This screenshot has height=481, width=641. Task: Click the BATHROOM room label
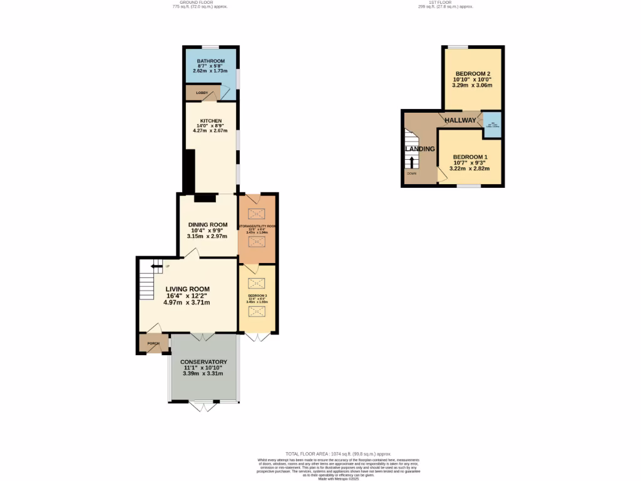pyautogui.click(x=211, y=61)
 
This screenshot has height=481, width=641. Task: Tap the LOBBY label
pyautogui.click(x=202, y=93)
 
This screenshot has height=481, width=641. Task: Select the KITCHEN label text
pyautogui.click(x=211, y=120)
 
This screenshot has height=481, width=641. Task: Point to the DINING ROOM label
pyautogui.click(x=208, y=224)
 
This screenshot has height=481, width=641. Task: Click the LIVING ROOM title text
pyautogui.click(x=188, y=289)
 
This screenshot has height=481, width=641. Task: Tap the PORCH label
pyautogui.click(x=153, y=344)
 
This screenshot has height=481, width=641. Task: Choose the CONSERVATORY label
pyautogui.click(x=203, y=362)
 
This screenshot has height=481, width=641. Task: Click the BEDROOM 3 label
pyautogui.click(x=257, y=295)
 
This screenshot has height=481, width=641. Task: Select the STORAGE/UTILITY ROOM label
pyautogui.click(x=257, y=225)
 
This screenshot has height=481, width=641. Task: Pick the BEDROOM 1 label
pyautogui.click(x=469, y=157)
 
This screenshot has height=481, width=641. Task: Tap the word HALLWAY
pyautogui.click(x=460, y=120)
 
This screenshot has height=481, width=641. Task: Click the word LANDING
pyautogui.click(x=419, y=148)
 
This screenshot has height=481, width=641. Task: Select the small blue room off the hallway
pyautogui.click(x=492, y=123)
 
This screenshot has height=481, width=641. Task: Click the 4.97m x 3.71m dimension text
pyautogui.click(x=187, y=303)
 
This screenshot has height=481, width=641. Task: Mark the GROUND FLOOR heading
pyautogui.click(x=198, y=3)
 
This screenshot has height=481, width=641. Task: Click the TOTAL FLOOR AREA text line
pyautogui.click(x=338, y=453)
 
